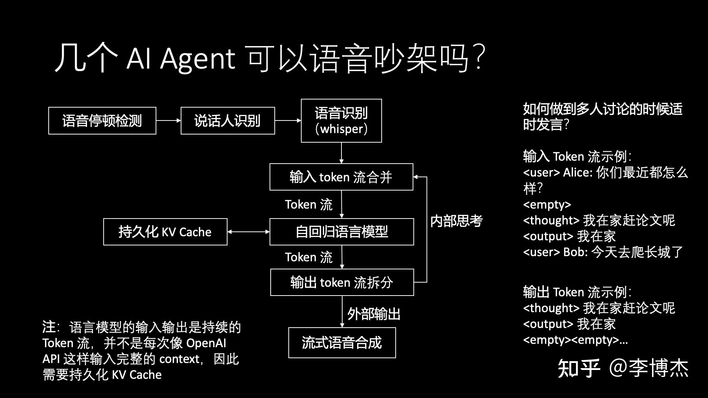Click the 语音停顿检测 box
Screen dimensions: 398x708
pyautogui.click(x=102, y=121)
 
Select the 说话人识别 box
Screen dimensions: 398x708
pyautogui.click(x=228, y=121)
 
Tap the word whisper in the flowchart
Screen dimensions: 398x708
pyautogui.click(x=341, y=129)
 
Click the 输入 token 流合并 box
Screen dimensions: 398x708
pyautogui.click(x=341, y=177)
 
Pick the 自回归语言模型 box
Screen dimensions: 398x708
pyautogui.click(x=341, y=232)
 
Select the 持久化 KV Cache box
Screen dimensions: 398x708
pyautogui.click(x=165, y=232)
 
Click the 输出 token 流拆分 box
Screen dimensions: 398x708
pyautogui.click(x=342, y=282)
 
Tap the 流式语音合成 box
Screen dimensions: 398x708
pyautogui.click(x=342, y=343)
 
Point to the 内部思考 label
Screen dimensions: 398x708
pyautogui.click(x=456, y=221)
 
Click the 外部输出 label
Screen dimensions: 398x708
pyautogui.click(x=374, y=314)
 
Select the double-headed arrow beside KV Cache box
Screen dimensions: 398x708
pyautogui.click(x=249, y=232)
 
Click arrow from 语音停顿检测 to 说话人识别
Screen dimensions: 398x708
pyautogui.click(x=168, y=121)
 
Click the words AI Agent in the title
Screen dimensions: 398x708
pyautogui.click(x=180, y=59)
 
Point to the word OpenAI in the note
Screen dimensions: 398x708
pyautogui.click(x=206, y=343)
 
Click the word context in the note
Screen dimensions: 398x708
pyautogui.click(x=180, y=359)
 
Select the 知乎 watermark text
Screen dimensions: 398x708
pyautogui.click(x=579, y=368)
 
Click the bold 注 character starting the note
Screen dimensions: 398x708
pyautogui.click(x=49, y=327)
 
